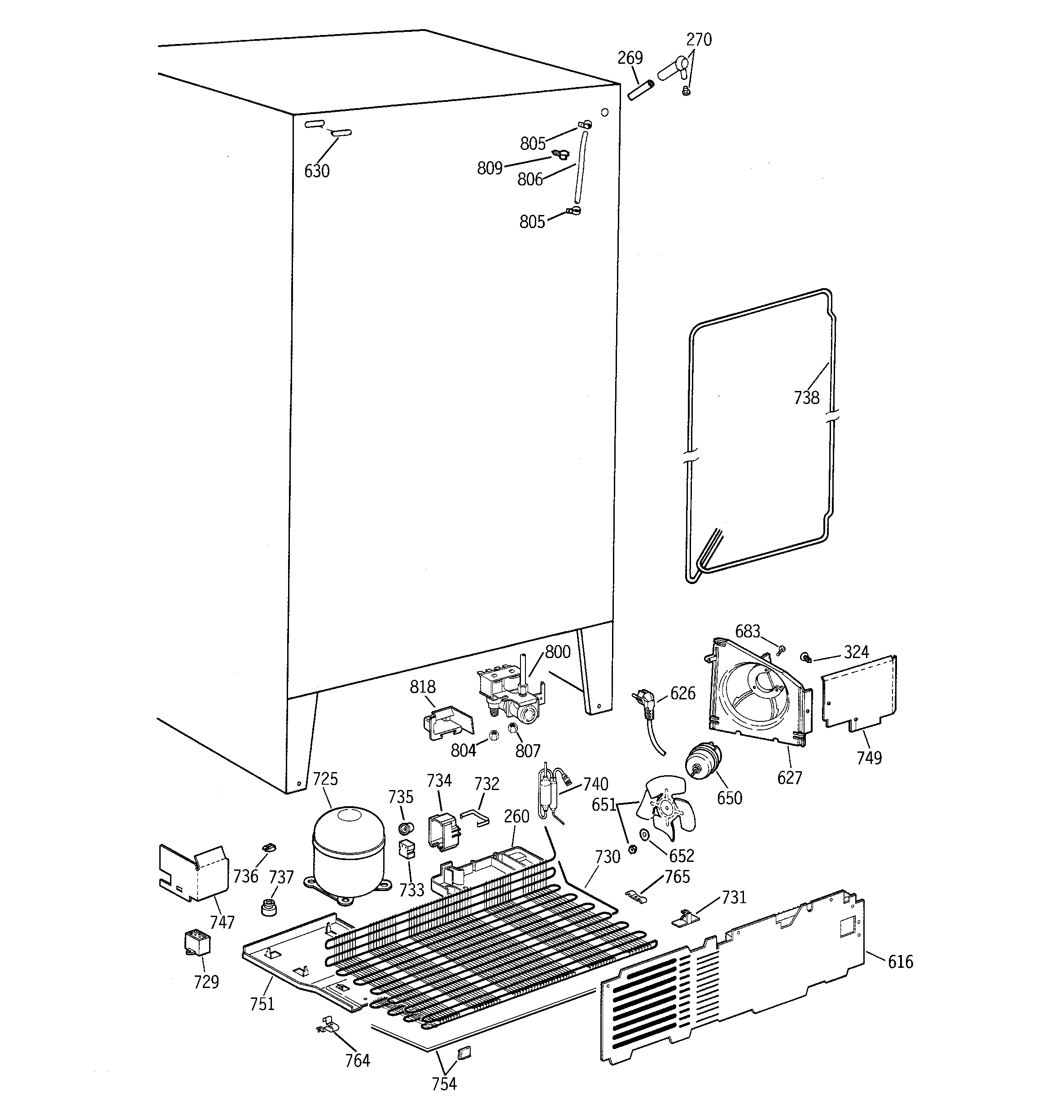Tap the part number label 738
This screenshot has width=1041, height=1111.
[x=806, y=398]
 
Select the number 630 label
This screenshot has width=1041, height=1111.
[x=317, y=171]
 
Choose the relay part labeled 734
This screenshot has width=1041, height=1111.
[x=442, y=830]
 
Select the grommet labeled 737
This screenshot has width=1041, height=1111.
[x=269, y=906]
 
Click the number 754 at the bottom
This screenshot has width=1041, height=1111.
[x=444, y=1084]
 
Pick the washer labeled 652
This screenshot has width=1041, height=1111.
[x=644, y=834]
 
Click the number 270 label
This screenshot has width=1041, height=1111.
[x=699, y=40]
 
